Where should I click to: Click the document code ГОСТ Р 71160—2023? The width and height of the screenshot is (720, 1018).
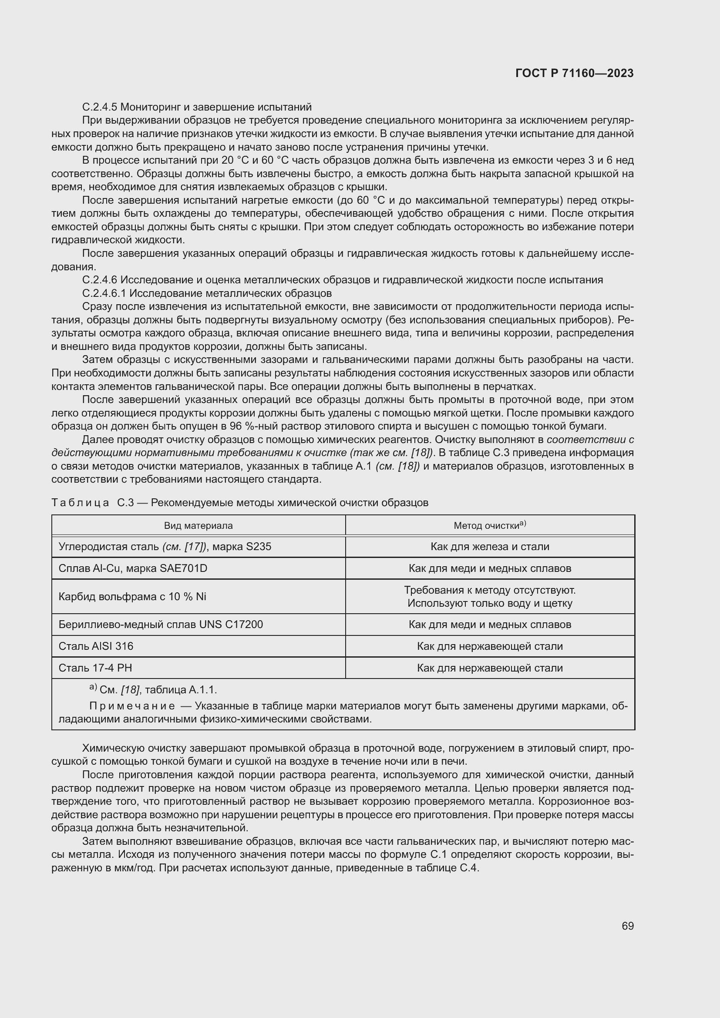(x=575, y=73)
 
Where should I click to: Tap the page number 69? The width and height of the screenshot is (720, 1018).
(x=627, y=926)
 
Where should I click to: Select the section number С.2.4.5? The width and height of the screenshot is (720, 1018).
(x=100, y=107)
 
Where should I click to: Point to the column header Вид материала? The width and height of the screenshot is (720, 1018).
(x=198, y=525)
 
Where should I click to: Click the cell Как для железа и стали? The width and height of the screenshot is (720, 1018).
(x=489, y=547)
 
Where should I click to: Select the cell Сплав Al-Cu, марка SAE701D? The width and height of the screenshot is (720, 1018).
(x=133, y=568)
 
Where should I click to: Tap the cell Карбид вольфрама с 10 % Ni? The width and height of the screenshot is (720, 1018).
(x=132, y=596)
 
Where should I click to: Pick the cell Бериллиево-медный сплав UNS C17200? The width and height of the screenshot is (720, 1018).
(x=161, y=624)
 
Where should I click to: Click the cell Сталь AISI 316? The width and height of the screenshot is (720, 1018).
(x=96, y=646)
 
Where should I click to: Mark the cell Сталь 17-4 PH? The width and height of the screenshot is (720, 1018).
(x=95, y=668)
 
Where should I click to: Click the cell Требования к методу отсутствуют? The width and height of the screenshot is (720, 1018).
(x=489, y=590)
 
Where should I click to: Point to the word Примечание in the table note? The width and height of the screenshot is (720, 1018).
(x=132, y=706)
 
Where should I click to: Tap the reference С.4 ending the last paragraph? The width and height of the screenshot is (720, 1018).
(x=469, y=868)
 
